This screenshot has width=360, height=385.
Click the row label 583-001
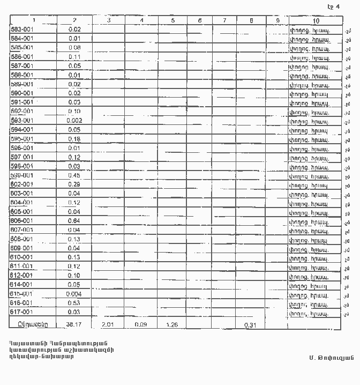click(21, 29)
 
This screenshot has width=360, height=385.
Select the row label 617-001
click(21, 312)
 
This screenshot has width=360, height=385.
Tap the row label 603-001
click(21, 194)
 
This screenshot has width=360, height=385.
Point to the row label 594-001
click(21, 130)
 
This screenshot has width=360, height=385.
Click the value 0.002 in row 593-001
click(74, 121)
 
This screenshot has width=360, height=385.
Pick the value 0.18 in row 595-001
click(74, 139)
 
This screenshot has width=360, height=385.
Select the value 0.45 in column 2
click(74, 175)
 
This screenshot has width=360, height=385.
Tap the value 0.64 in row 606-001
click(74, 221)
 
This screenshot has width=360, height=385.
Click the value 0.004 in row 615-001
click(74, 294)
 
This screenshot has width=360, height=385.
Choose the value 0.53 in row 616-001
click(74, 303)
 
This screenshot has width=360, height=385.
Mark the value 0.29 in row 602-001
click(74, 184)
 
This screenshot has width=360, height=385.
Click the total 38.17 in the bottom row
click(74, 324)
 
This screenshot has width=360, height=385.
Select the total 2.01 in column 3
click(108, 324)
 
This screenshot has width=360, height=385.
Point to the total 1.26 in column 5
click(172, 324)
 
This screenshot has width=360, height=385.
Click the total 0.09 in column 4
click(141, 324)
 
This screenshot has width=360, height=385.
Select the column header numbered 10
click(316, 21)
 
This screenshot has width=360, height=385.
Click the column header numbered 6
click(199, 20)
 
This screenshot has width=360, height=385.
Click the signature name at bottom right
click(327, 357)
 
